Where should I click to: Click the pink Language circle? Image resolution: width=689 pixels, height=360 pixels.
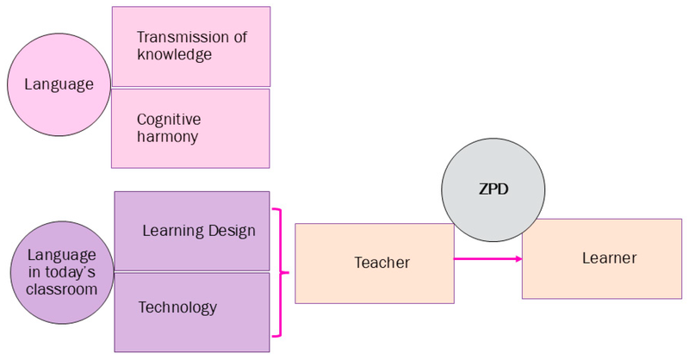pyautogui.click(x=58, y=84)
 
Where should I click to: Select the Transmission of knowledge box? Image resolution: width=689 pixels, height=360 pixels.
pyautogui.click(x=191, y=47)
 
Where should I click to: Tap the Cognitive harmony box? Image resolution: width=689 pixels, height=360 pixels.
pyautogui.click(x=190, y=128)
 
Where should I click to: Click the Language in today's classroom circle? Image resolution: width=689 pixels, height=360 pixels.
pyautogui.click(x=61, y=272)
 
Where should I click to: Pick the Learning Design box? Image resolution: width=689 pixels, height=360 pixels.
pyautogui.click(x=192, y=231)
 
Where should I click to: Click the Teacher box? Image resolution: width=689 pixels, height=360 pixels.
pyautogui.click(x=374, y=264)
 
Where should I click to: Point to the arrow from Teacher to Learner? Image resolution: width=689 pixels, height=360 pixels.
pyautogui.click(x=487, y=258)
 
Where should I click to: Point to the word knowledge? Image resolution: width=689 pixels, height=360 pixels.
pyautogui.click(x=174, y=54)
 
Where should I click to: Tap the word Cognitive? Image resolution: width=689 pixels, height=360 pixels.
pyautogui.click(x=168, y=119)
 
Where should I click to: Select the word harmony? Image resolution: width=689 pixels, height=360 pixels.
pyautogui.click(x=167, y=136)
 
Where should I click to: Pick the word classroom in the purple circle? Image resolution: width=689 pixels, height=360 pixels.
pyautogui.click(x=61, y=289)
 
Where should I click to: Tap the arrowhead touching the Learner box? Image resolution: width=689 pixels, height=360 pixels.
pyautogui.click(x=517, y=258)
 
